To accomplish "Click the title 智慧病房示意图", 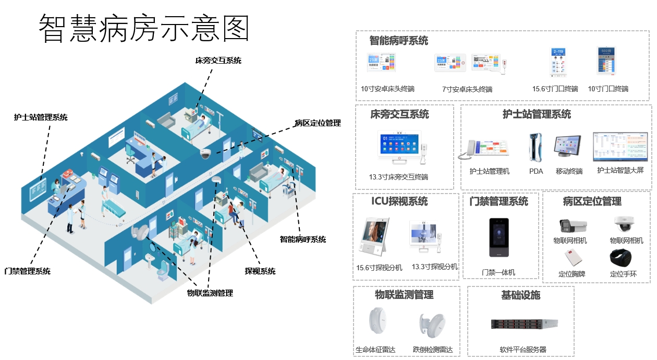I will pyautogui.click(x=144, y=28).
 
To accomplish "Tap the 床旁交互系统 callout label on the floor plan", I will pyautogui.click(x=218, y=61).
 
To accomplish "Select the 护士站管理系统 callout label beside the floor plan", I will pyautogui.click(x=41, y=117).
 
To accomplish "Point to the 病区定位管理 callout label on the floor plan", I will pyautogui.click(x=318, y=123).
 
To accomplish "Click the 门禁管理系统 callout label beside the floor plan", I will pyautogui.click(x=27, y=271).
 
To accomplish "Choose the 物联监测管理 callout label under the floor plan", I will pyautogui.click(x=210, y=293).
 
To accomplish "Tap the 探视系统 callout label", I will pyautogui.click(x=260, y=271).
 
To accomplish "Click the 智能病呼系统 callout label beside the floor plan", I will pyautogui.click(x=303, y=239).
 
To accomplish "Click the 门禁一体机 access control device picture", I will pyautogui.click(x=498, y=238).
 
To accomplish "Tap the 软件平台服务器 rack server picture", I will pyautogui.click(x=524, y=324).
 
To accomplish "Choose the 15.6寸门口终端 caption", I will pyautogui.click(x=555, y=89).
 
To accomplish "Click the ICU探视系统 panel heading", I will pyautogui.click(x=399, y=201).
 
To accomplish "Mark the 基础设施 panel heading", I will pyautogui.click(x=520, y=295).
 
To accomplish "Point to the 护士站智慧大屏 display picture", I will pyautogui.click(x=620, y=146).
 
